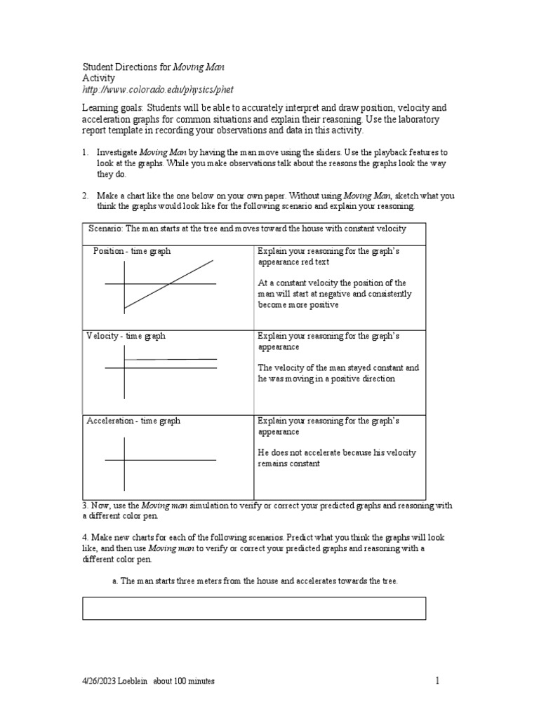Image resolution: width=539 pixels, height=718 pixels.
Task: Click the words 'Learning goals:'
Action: [x=114, y=108]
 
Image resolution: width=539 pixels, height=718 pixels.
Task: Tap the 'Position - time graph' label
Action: [x=131, y=251]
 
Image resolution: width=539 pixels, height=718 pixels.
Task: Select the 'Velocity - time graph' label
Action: [x=126, y=336]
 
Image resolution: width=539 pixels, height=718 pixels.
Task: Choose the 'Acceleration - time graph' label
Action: [x=133, y=421]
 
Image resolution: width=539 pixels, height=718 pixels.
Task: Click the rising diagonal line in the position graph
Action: [x=168, y=284]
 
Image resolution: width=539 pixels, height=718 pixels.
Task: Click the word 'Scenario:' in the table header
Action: [x=106, y=229]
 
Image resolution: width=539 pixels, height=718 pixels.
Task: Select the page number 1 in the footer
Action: [x=437, y=680]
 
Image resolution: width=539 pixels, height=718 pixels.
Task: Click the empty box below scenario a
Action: [x=254, y=608]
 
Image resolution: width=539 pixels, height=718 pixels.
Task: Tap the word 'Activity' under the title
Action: [x=98, y=79]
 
